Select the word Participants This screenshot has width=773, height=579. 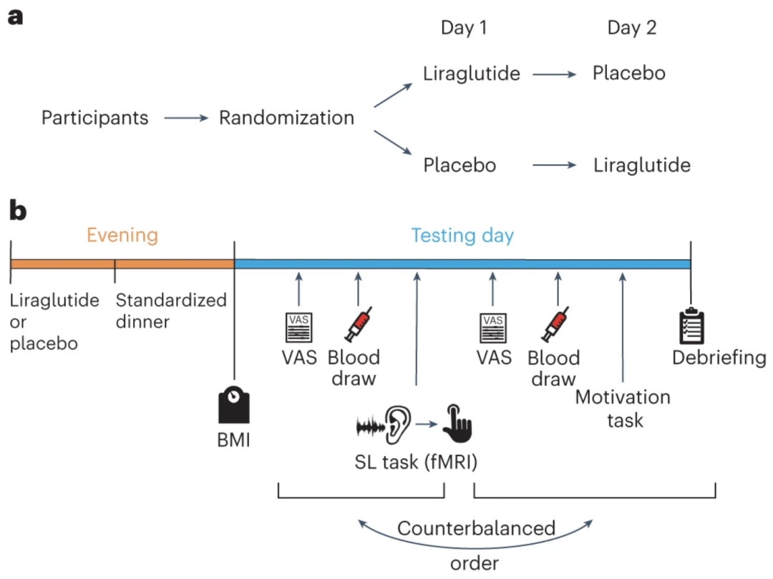94,117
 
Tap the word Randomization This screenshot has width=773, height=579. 286,117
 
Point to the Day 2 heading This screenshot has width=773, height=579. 631,28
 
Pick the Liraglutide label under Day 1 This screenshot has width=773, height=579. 471,73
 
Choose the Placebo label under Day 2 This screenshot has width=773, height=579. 629,73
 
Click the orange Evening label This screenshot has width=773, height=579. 122,235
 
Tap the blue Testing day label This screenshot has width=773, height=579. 462,235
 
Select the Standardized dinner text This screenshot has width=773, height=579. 171,310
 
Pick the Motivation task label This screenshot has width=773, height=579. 623,408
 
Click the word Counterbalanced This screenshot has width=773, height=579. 476,528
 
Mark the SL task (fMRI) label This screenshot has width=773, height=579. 417,462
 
